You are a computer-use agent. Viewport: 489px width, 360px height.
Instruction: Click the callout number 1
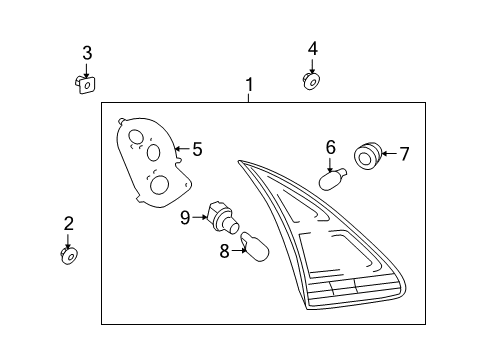[x=249, y=86]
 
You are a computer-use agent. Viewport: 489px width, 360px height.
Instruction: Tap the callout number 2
[x=68, y=223]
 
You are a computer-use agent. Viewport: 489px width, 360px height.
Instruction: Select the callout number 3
[x=87, y=52]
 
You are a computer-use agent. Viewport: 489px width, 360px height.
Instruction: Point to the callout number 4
[x=313, y=48]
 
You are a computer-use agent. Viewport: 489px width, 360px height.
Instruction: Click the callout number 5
[x=197, y=150]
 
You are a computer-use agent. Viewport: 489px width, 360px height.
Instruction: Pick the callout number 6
[x=330, y=146]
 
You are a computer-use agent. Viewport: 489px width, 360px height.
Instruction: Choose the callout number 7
[x=404, y=154]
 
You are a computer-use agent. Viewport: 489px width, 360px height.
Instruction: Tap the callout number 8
[x=224, y=250]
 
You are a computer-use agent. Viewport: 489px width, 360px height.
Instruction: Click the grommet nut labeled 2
[x=69, y=257]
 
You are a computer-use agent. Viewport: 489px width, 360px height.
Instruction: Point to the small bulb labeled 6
[x=331, y=180]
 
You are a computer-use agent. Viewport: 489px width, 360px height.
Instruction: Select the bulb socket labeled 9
[x=220, y=216]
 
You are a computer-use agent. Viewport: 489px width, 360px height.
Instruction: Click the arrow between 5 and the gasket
[x=181, y=150]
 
